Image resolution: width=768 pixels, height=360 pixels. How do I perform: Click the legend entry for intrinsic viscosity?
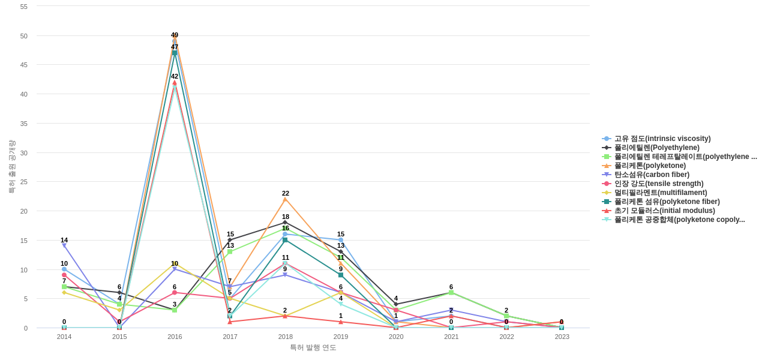(x=662, y=139)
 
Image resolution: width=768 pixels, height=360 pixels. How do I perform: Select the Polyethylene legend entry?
(x=656, y=148)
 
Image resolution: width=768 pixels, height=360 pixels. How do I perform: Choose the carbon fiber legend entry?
(x=652, y=175)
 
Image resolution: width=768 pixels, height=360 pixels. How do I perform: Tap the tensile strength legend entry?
(x=658, y=184)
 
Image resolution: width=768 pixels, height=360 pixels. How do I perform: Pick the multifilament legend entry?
(x=660, y=193)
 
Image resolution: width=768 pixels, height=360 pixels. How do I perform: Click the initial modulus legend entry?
(x=664, y=211)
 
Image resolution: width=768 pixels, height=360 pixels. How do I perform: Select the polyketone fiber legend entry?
(x=667, y=202)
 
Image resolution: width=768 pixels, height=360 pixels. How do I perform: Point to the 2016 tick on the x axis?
(x=175, y=337)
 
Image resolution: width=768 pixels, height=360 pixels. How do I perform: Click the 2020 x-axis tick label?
(x=396, y=337)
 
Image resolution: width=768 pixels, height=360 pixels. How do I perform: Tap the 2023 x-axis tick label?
(x=562, y=337)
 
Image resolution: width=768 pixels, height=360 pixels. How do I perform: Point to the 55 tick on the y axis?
(x=24, y=7)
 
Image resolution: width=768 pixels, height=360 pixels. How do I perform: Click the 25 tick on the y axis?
(x=24, y=182)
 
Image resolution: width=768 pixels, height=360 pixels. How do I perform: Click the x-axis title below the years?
(x=313, y=347)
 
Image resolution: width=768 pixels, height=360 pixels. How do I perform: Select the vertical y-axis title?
(x=11, y=167)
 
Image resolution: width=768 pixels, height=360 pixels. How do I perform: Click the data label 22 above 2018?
(x=286, y=193)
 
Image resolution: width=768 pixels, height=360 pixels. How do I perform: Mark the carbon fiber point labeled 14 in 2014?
(x=64, y=246)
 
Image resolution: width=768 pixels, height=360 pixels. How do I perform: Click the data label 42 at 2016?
(x=175, y=76)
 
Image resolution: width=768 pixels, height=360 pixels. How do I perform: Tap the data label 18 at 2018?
(x=286, y=217)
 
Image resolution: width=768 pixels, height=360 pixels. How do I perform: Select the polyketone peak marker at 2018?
(x=286, y=199)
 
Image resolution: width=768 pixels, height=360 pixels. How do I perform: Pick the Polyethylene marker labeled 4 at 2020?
(x=396, y=304)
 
